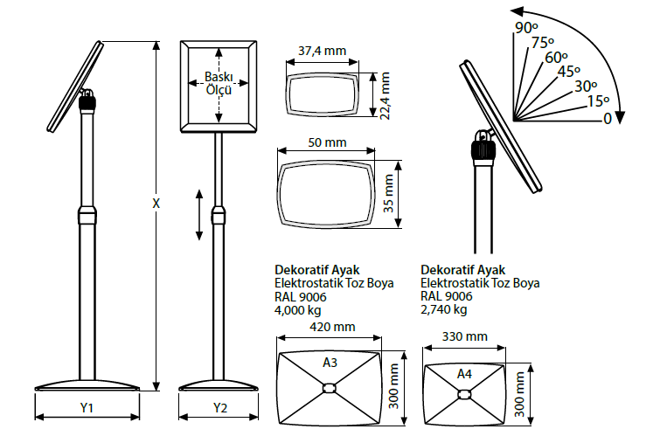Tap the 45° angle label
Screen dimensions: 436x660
[x=569, y=72]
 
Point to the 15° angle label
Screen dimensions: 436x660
[x=598, y=100]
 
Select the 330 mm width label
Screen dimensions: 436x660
[x=464, y=336]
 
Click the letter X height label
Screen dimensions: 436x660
[x=156, y=204]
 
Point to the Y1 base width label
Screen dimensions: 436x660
[x=87, y=407]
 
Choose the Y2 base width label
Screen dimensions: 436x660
[x=219, y=407]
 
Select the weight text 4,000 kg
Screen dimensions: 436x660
[x=296, y=309]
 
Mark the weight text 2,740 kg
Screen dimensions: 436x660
[x=443, y=309]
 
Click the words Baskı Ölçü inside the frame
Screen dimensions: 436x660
[x=219, y=83]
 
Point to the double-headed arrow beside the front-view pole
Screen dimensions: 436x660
[x=199, y=214]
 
